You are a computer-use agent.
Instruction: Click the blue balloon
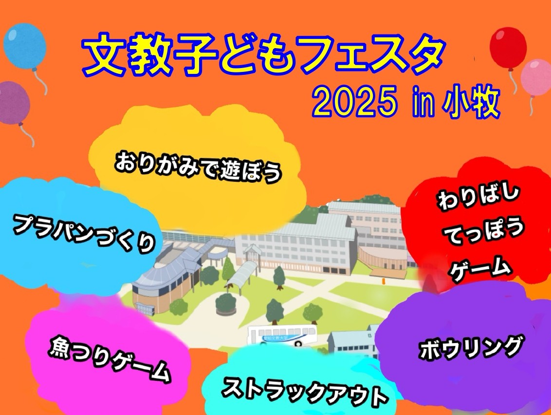tap(25, 46)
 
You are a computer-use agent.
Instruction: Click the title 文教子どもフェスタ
tap(263, 54)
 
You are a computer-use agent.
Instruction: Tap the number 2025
tap(354, 103)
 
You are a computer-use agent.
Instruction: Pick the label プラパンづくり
tap(84, 233)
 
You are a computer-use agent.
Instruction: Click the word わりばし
tap(478, 197)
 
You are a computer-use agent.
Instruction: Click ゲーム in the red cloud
tap(480, 270)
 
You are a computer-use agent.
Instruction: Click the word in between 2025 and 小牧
tap(420, 104)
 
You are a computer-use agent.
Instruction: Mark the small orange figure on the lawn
tap(384, 281)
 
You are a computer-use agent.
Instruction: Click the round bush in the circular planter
tap(226, 302)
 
